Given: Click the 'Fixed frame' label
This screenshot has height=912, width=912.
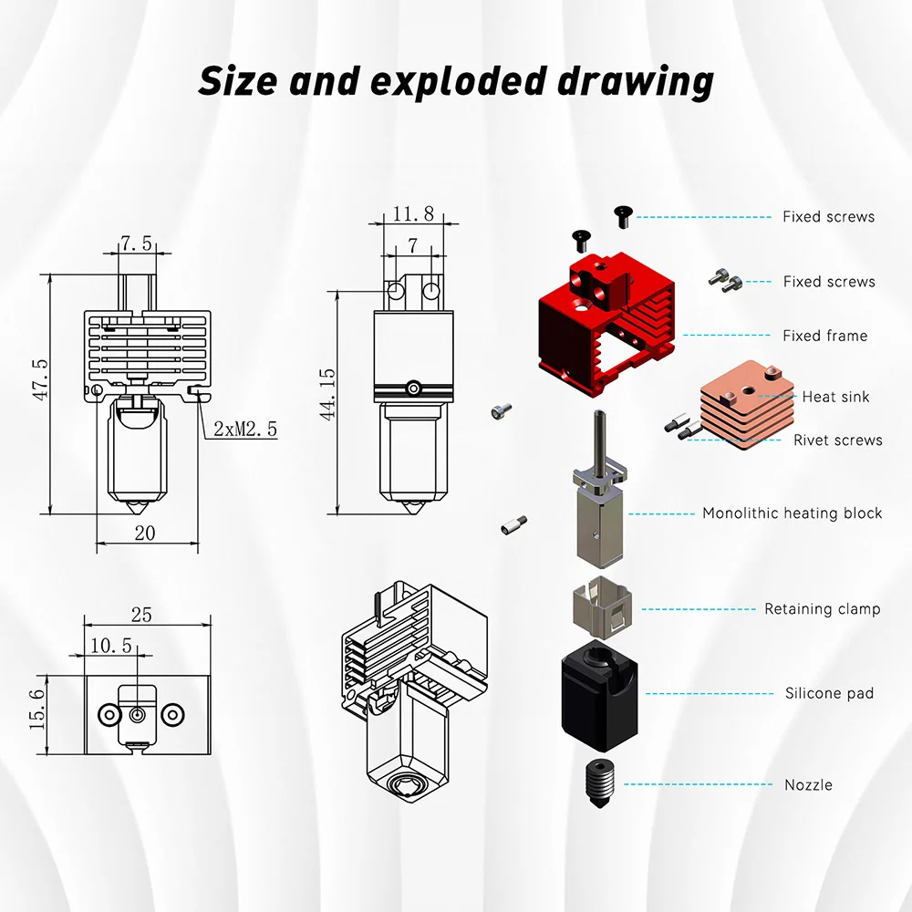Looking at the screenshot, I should coord(824,336).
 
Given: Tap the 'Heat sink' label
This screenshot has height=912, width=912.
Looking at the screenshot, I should coord(835,397).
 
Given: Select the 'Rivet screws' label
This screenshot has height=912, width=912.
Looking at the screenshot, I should coord(837,440).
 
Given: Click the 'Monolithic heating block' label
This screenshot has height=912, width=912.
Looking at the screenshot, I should coord(792,513).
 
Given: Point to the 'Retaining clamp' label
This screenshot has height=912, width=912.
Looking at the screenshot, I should coord(822,608).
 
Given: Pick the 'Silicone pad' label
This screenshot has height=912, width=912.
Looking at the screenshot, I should coord(829,693).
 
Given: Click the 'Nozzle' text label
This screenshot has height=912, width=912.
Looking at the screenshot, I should coord(808,784).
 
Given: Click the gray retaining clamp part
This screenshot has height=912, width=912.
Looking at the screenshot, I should coord(603,606).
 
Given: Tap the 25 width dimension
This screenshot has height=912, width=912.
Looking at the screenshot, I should coord(141,615).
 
